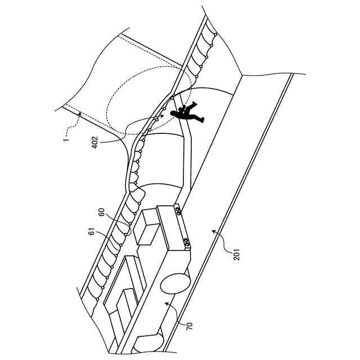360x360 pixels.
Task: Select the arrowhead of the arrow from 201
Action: (x=213, y=229)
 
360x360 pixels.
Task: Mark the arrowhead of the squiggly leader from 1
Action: (x=80, y=112)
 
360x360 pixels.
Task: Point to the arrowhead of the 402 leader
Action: (x=164, y=115)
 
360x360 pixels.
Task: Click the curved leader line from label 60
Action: (x=120, y=219)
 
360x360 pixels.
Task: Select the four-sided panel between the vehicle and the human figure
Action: (x=163, y=160)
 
